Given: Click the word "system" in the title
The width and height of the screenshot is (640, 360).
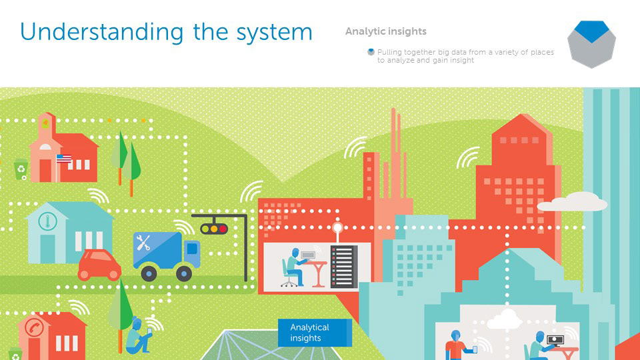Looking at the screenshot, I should point(271,32).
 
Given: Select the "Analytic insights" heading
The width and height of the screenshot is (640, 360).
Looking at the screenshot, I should point(385,31).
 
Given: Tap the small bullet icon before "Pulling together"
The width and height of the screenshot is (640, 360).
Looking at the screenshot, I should point(371,52).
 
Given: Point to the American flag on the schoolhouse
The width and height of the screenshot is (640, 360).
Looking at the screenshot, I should point(63,159).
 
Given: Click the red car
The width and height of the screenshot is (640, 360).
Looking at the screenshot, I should point(100,265).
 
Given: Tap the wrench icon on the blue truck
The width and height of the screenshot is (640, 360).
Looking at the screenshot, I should point(143,241).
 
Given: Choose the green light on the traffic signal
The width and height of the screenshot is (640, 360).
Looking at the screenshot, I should point(223,229).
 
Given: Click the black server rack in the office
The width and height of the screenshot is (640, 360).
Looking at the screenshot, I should point(344,266).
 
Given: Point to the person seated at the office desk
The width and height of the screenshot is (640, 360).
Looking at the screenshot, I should point(293,265).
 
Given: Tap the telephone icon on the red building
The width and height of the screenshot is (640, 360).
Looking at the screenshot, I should point(34,328).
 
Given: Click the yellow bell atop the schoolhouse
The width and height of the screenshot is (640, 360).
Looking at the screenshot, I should point(45,123).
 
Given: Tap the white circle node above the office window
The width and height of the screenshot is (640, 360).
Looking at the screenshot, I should point(337,227).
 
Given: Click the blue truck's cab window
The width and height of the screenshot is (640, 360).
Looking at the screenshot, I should point(192,249).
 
